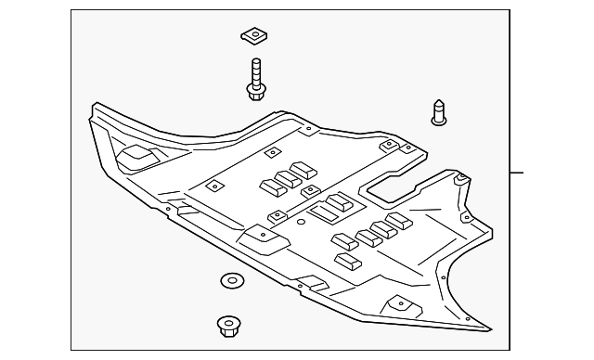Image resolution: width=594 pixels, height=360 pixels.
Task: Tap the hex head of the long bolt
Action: pos(256,90)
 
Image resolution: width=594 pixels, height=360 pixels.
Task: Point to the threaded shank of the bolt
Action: pos(255,70)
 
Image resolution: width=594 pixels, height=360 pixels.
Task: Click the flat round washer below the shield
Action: pos(229,279)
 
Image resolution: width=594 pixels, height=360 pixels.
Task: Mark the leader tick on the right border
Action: pos(517,173)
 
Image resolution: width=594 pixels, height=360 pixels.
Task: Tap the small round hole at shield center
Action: pos(300,222)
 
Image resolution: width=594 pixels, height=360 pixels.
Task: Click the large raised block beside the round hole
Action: pos(333,210)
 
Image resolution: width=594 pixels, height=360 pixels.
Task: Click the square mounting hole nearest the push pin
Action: pos(405,146)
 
